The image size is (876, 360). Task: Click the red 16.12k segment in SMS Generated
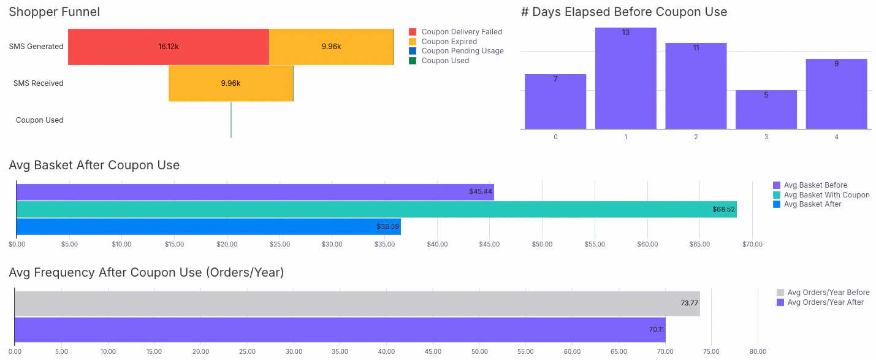click(168, 47)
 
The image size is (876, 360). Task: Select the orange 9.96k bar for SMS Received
click(230, 83)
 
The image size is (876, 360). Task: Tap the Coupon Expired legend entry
click(449, 42)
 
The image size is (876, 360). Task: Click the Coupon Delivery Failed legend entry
click(461, 32)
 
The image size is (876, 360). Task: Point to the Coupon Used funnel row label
click(40, 120)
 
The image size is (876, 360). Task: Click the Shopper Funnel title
click(55, 12)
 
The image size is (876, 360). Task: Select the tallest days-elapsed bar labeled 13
click(625, 79)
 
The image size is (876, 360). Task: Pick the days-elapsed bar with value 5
click(766, 110)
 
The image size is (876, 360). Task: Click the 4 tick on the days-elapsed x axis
click(836, 137)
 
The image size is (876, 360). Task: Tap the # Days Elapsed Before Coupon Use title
click(623, 12)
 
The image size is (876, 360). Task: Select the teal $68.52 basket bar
click(376, 209)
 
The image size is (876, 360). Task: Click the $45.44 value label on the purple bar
click(481, 192)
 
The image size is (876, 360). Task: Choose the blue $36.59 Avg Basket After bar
click(208, 227)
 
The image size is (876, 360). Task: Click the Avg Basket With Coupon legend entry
click(826, 195)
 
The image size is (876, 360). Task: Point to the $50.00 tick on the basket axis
click(542, 244)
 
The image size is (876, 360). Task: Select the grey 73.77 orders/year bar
click(357, 304)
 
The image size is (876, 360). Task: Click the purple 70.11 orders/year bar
click(340, 330)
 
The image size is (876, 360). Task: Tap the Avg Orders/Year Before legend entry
click(827, 293)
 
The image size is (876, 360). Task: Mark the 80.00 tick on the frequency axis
click(758, 352)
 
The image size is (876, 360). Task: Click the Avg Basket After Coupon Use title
click(94, 165)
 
